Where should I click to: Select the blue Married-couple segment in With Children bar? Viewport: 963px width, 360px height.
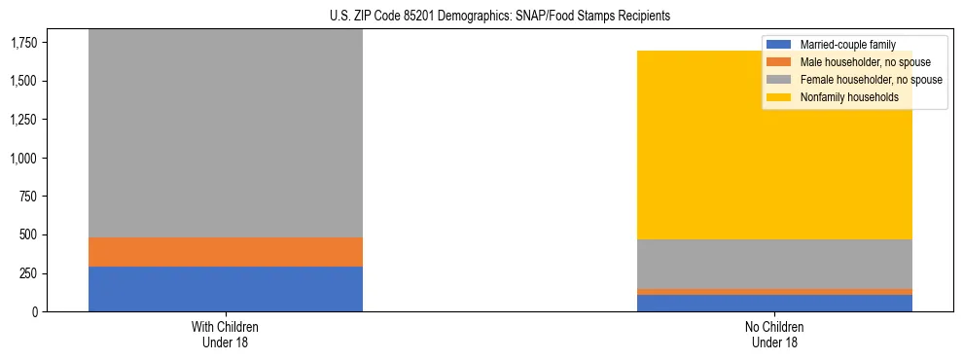(x=226, y=289)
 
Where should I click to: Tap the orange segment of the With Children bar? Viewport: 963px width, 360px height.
(x=226, y=252)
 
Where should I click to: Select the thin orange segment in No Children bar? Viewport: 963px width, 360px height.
(x=774, y=292)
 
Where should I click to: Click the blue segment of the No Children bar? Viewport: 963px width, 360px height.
(x=774, y=304)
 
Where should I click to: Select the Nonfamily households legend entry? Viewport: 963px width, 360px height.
(x=848, y=97)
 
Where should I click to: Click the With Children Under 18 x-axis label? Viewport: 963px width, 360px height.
(x=226, y=334)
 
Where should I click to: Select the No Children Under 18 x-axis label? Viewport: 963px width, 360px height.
(x=774, y=334)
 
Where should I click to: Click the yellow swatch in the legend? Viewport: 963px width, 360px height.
(x=779, y=97)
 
